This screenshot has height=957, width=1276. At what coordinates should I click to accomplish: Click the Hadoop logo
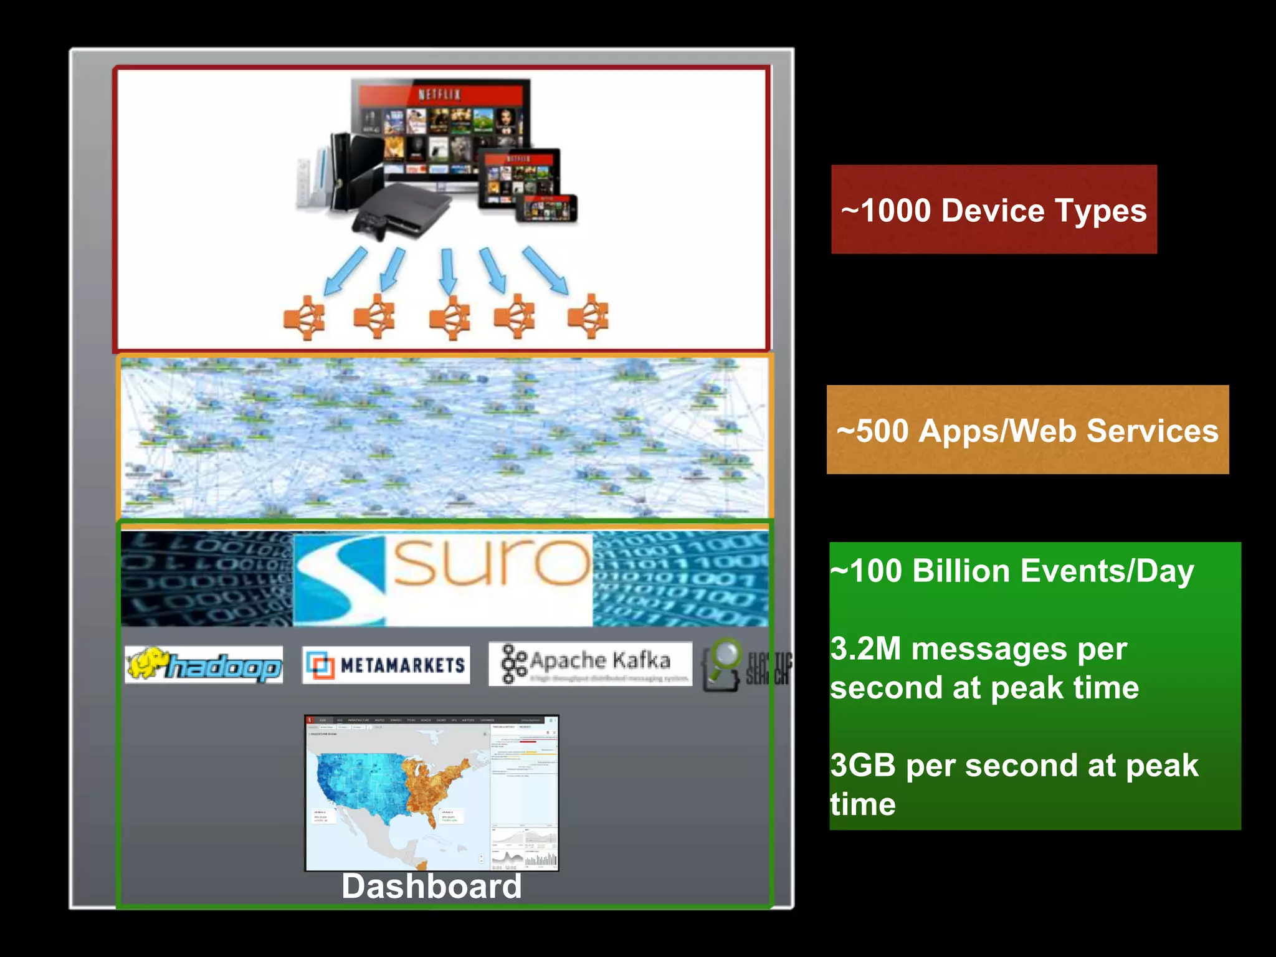(x=204, y=665)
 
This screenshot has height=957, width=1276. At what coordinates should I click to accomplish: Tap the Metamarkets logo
(x=386, y=665)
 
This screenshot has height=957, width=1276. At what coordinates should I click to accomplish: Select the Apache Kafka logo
(x=590, y=664)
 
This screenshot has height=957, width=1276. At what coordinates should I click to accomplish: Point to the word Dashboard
(x=431, y=886)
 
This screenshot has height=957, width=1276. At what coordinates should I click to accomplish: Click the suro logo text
(x=492, y=563)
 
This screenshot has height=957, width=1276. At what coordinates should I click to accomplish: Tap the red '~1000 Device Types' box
(x=994, y=210)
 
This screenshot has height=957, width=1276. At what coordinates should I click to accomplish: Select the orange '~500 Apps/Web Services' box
(x=1027, y=430)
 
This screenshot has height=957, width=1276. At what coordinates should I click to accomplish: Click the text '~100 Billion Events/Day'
(x=1012, y=571)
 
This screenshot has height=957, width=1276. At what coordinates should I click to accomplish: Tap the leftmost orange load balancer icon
(x=305, y=317)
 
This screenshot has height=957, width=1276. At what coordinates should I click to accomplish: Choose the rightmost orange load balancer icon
(x=588, y=315)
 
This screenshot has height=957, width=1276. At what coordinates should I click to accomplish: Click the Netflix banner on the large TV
(x=440, y=94)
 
